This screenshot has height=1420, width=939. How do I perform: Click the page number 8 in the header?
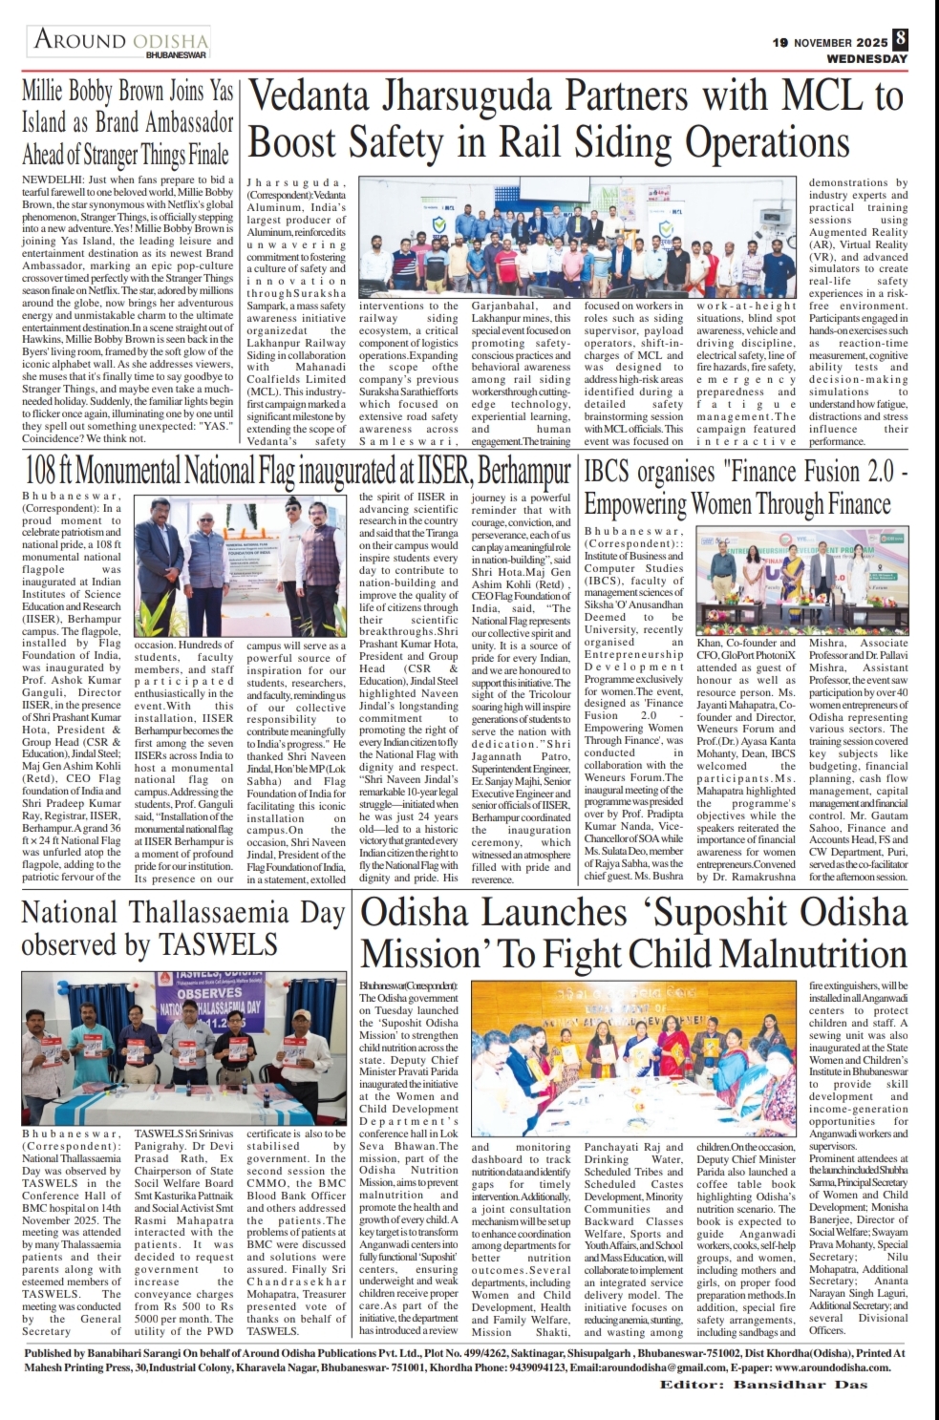click(x=901, y=39)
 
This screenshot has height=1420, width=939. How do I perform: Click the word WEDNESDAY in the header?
click(x=867, y=58)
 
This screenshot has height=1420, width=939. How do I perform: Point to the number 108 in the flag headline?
click(x=45, y=472)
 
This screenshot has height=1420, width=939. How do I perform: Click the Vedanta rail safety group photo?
click(x=581, y=239)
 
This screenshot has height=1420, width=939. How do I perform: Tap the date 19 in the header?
click(x=780, y=43)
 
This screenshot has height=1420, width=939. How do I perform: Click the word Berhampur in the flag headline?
click(x=525, y=472)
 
